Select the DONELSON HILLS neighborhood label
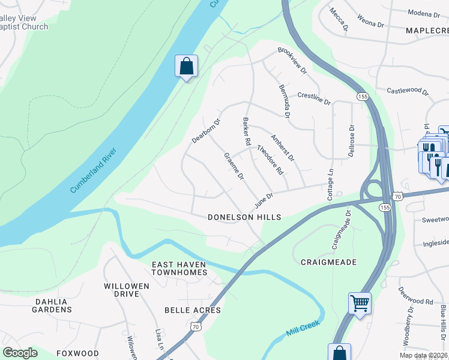(x=244, y=217)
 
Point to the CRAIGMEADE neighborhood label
(x=328, y=262)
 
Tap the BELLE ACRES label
(x=193, y=310)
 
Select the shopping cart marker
(x=360, y=303)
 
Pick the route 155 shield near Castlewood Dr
(x=362, y=96)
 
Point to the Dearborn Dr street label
(x=206, y=130)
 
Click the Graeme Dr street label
(x=234, y=166)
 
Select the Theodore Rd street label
(x=270, y=159)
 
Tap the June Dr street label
(x=264, y=197)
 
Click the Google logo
(x=20, y=353)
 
